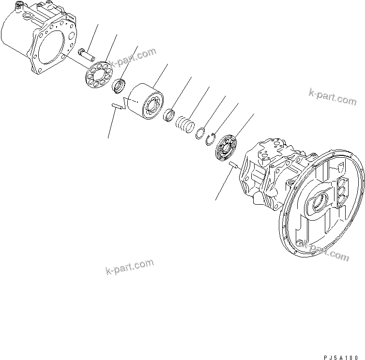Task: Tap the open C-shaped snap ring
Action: click(x=211, y=140)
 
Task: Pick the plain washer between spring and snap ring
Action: click(x=201, y=133)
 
